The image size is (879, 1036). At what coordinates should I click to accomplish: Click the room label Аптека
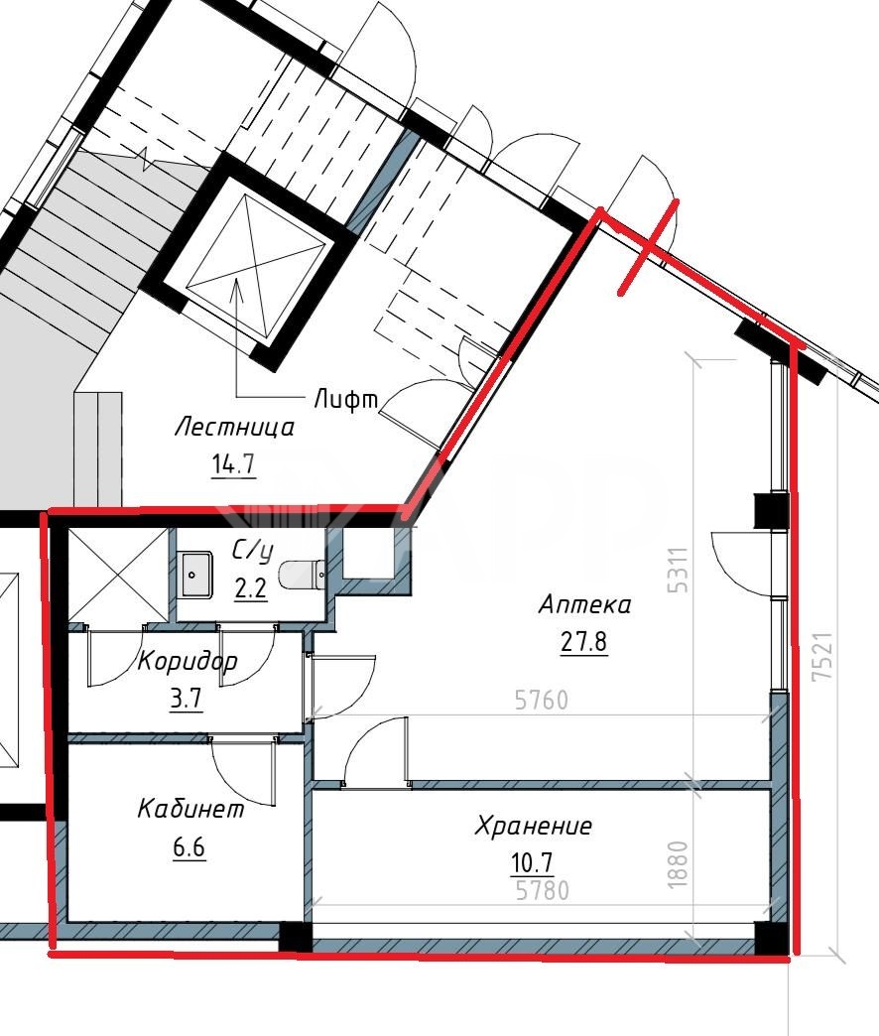[584, 604]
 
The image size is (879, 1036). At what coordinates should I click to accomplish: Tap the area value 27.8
[583, 641]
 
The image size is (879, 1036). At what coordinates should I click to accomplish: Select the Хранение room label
[534, 826]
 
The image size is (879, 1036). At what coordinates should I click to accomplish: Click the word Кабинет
[190, 809]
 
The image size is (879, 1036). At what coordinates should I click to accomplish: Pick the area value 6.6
[188, 846]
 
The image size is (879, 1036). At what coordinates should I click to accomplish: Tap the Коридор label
[187, 661]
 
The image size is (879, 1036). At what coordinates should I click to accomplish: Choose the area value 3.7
[187, 698]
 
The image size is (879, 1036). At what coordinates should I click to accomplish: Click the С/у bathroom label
[252, 551]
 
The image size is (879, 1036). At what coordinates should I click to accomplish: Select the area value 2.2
[251, 587]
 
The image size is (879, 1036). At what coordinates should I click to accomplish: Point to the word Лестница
[234, 427]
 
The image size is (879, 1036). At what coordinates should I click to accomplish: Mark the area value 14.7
[233, 464]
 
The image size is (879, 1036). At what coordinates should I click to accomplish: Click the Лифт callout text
[346, 398]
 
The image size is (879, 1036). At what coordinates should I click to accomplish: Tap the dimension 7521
[823, 657]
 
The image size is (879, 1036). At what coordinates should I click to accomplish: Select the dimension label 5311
[679, 570]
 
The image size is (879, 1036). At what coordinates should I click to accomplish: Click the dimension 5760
[542, 700]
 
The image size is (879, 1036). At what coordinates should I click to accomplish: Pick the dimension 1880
[679, 864]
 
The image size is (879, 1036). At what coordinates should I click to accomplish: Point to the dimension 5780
[543, 891]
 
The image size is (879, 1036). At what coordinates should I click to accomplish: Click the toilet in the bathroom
[303, 575]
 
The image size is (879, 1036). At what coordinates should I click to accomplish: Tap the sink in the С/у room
[195, 575]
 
